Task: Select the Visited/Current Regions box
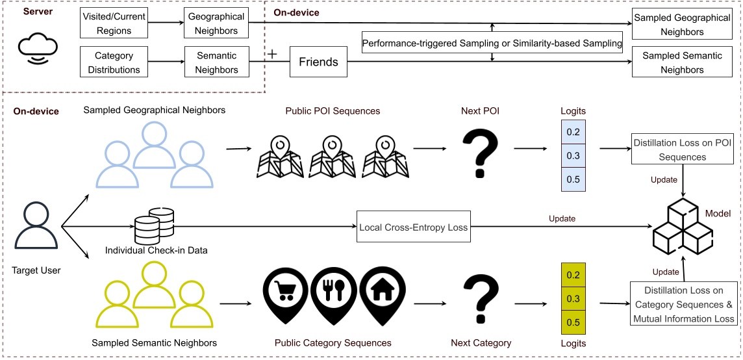click(114, 25)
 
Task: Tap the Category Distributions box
click(114, 63)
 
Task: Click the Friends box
click(318, 62)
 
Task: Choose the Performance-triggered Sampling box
click(492, 44)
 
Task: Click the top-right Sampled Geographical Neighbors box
click(682, 25)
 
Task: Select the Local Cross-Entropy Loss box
click(414, 228)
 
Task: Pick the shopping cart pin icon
click(283, 292)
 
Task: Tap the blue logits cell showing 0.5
click(573, 179)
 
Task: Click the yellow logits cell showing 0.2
click(573, 275)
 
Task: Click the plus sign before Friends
click(273, 55)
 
